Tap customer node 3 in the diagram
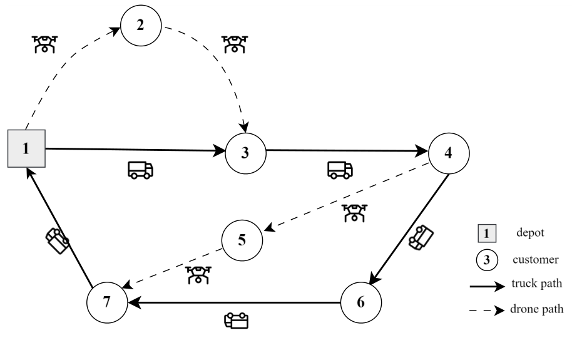tap(245, 152)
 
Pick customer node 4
tap(448, 152)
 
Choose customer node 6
tap(361, 302)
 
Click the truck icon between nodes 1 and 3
tap(140, 170)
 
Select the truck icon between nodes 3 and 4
tap(340, 170)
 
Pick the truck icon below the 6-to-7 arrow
tap(236, 321)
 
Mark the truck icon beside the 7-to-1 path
tap(58, 239)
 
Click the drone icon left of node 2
tap(44, 43)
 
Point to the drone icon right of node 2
tap(235, 43)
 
